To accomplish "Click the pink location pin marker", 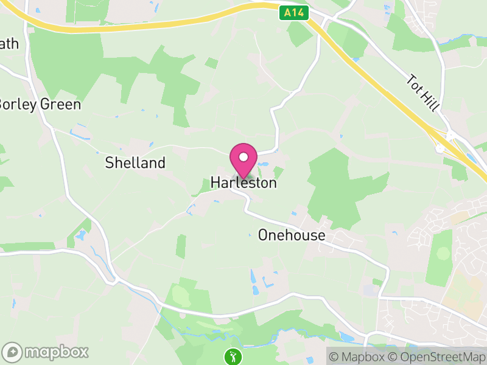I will pos(243,160).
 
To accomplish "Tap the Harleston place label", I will pos(243,182).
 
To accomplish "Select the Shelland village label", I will pos(135,163).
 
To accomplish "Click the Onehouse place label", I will pos(292,235).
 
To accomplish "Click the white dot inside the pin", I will pos(243,157).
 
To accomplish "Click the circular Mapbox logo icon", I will pos(12,352).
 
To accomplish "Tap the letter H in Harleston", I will pos(215,182).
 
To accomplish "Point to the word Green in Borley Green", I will pos(61,104).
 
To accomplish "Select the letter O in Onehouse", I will pos(263,235).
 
